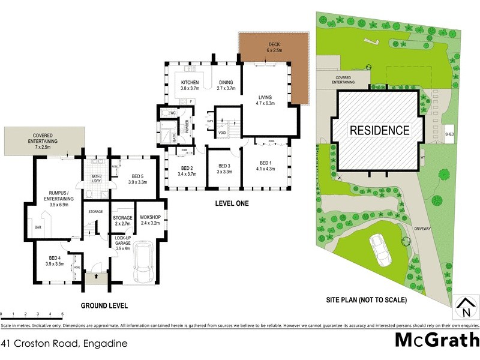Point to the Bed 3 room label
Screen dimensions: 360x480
pos(225,166)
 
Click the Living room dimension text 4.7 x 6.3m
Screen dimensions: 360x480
pos(265,103)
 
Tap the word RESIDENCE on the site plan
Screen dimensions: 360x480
pos(380,130)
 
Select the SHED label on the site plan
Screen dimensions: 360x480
pos(449,135)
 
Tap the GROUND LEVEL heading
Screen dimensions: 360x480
pos(104,305)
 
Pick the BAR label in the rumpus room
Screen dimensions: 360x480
pos(38,228)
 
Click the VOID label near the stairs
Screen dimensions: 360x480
pos(222,133)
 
